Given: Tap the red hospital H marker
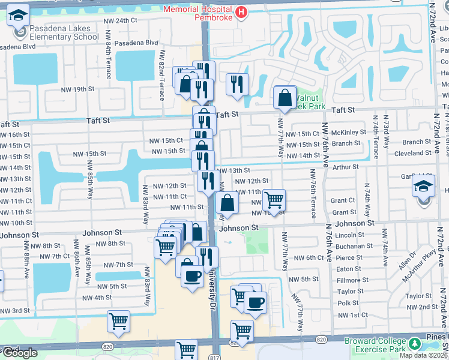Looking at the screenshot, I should click(241, 12).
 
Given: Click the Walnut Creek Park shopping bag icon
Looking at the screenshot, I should click(285, 98).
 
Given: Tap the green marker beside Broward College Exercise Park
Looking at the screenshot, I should click(415, 344).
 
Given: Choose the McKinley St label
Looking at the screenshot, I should click(349, 133).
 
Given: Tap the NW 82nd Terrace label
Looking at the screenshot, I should click(161, 74).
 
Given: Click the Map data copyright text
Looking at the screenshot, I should click(424, 355).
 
